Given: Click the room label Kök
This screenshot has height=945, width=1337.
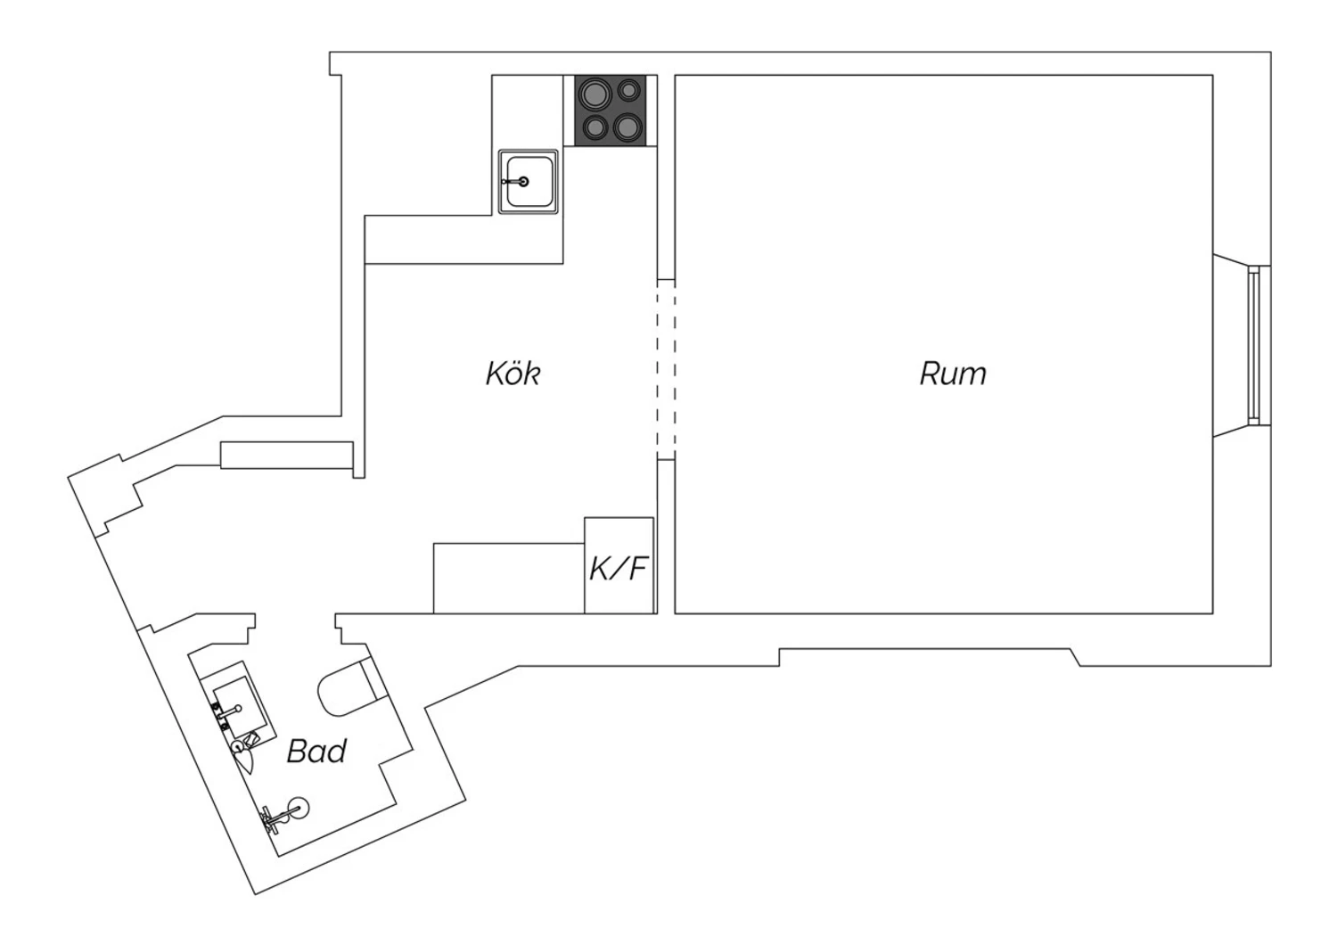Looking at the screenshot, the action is (513, 374).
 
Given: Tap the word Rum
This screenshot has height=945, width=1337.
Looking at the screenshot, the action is (953, 374).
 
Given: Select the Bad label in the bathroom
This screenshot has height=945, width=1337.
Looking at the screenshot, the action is (316, 751).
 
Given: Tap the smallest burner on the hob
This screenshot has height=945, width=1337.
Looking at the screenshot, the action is (628, 90).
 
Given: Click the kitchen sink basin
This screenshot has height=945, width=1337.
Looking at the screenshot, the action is (529, 182).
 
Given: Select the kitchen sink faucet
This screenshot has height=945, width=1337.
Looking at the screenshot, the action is (517, 182).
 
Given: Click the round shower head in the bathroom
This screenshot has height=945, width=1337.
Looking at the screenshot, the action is (299, 809).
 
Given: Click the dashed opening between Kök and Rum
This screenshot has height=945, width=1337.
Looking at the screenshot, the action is (666, 369).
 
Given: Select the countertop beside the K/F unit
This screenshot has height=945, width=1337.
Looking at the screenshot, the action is (509, 578).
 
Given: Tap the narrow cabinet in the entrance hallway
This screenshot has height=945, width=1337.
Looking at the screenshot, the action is (286, 455).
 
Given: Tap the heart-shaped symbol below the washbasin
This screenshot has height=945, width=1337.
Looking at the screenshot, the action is (245, 761).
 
